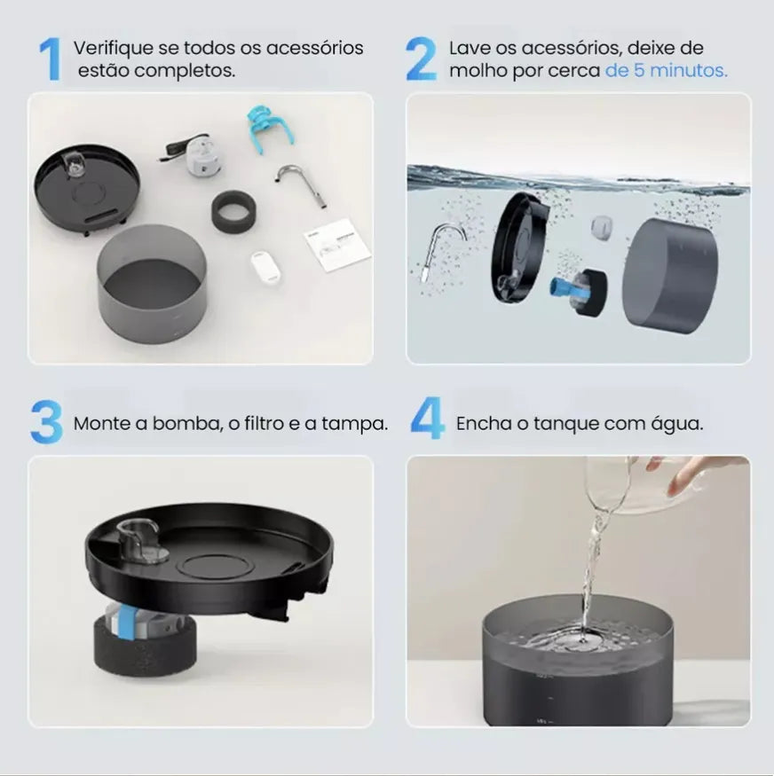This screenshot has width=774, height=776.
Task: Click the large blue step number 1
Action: (50, 59)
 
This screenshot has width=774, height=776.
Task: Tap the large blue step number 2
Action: (421, 59)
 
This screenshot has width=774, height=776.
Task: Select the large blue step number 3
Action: (46, 421)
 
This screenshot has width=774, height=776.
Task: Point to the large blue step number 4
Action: (427, 419)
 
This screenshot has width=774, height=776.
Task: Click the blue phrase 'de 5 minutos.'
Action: (666, 70)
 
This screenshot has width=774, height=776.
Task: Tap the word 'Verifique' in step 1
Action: (114, 49)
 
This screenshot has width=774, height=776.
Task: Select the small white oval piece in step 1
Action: (265, 266)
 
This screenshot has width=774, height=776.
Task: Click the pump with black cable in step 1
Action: (194, 154)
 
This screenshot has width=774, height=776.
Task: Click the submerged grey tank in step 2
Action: (670, 275)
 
